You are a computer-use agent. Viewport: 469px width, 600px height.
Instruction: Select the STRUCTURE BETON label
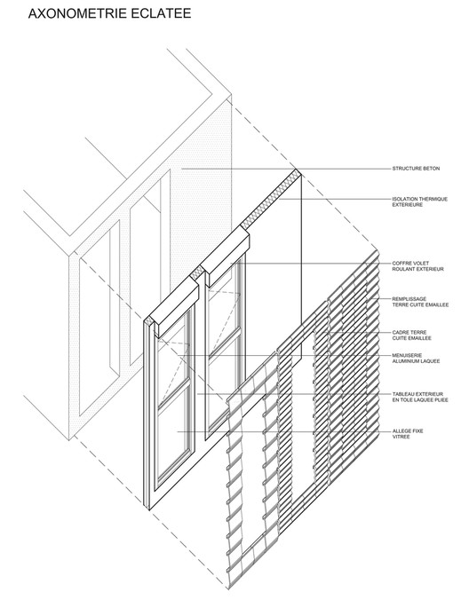coord(416,169)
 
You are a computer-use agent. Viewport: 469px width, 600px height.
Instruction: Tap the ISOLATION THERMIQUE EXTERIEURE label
coord(419,201)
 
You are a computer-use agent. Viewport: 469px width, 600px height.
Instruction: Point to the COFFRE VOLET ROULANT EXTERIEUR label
coord(417,266)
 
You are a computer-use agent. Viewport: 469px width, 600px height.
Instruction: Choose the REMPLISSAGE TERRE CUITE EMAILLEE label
coord(420,302)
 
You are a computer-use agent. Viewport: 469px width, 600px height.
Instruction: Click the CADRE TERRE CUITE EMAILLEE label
coord(411,336)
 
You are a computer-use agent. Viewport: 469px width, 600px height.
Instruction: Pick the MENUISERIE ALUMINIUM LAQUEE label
coord(416,359)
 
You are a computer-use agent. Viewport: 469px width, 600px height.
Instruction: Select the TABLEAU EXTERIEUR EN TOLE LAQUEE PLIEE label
coord(420,397)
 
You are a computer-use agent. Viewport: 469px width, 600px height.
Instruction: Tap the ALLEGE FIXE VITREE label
coord(408,434)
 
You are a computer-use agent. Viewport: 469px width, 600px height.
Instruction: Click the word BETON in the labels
coord(432,169)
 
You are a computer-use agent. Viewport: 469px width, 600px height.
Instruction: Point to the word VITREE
coord(401,437)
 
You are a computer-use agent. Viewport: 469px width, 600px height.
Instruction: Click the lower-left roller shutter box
coord(175,307)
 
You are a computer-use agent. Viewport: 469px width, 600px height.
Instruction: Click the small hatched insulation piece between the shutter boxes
coord(198,272)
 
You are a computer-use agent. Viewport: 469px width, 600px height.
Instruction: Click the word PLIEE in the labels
coord(441,400)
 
